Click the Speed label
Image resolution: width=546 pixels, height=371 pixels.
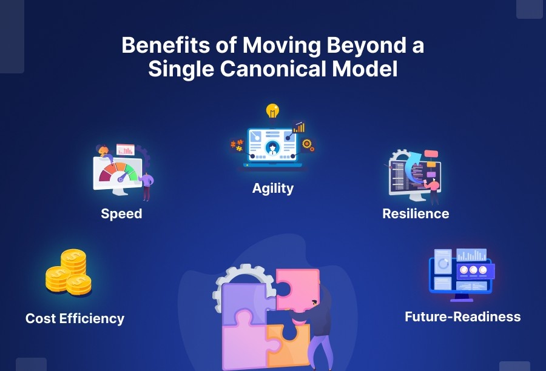coord(121,213)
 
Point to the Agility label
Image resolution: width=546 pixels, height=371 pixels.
coord(273,188)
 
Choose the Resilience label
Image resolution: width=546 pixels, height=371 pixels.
coord(416,213)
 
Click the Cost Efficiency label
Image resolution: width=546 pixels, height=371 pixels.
coord(75,318)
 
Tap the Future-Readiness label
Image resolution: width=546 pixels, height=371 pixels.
coord(462,316)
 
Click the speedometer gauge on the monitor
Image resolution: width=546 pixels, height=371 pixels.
coord(118,173)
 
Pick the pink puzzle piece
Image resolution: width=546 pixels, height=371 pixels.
coord(297,288)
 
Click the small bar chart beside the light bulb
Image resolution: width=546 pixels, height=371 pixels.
coord(298,127)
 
